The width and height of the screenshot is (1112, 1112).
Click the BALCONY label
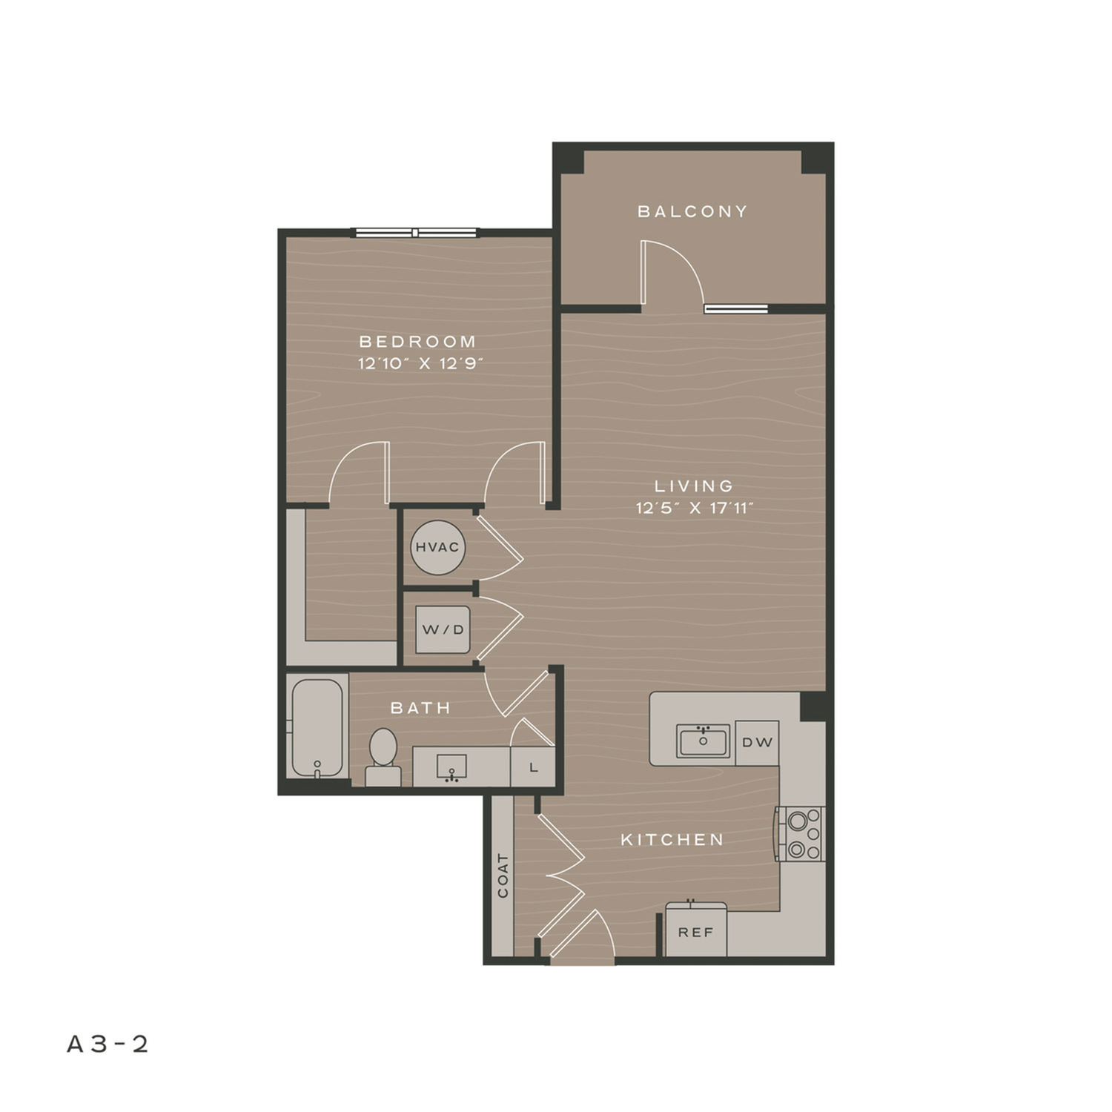click(x=692, y=211)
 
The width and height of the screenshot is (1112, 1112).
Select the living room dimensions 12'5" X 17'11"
click(x=695, y=509)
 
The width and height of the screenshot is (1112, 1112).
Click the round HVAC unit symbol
click(x=437, y=548)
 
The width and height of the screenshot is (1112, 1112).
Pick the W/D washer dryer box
click(x=443, y=629)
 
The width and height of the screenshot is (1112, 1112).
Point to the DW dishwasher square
click(x=757, y=743)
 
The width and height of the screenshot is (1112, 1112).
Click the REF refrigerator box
click(x=695, y=931)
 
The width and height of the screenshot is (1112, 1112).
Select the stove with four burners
click(x=801, y=834)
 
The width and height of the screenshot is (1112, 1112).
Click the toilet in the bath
click(x=383, y=757)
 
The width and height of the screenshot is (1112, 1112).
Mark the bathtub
click(x=317, y=729)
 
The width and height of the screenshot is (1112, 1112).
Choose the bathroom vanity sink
click(x=451, y=768)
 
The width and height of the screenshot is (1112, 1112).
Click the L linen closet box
click(x=533, y=767)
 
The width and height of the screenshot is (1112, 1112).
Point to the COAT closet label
click(x=503, y=876)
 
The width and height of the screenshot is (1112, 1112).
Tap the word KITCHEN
click(x=672, y=840)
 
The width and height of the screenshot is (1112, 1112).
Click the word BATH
click(x=421, y=708)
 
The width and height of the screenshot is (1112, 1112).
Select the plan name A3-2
click(x=108, y=1044)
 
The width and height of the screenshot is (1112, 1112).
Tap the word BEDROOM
click(x=418, y=342)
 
